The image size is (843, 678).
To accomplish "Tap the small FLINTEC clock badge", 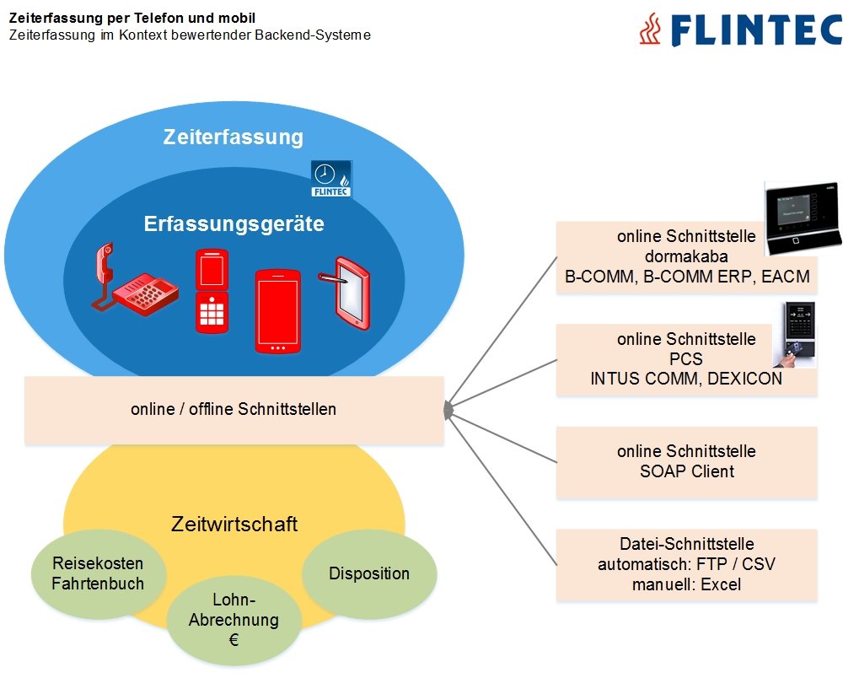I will point(331,178).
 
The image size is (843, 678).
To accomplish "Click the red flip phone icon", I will point(212,290).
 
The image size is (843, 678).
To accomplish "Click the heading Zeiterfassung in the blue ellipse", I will point(234,137).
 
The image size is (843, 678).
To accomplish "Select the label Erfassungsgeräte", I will point(234,224).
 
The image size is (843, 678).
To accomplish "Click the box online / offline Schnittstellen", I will point(234,410).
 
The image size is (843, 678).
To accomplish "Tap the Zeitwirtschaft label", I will point(234,525).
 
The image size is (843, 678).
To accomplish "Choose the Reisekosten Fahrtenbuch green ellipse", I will point(98,573).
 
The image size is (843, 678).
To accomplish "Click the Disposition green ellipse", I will point(369,573).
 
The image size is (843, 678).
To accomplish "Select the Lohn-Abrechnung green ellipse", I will point(234,620).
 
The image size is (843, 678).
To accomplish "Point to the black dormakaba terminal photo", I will point(803,218).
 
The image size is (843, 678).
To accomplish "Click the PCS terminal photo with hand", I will point(798,336).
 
